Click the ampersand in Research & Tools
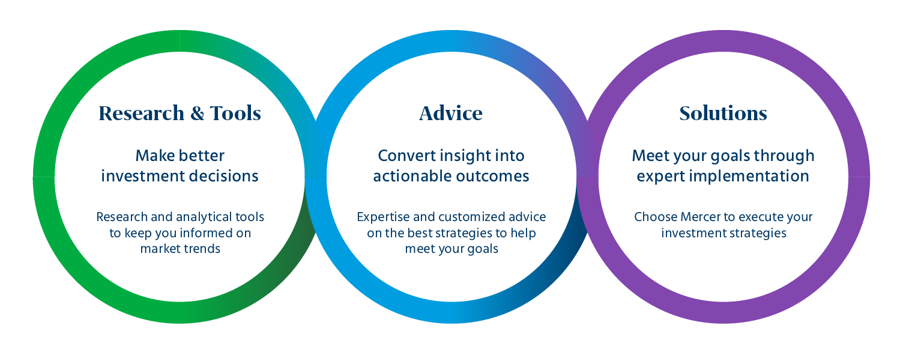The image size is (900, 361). pyautogui.click(x=198, y=114)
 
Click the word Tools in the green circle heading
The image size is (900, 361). pyautogui.click(x=235, y=114)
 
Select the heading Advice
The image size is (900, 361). pyautogui.click(x=451, y=114)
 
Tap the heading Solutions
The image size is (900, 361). pyautogui.click(x=723, y=114)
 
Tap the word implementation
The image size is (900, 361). pyautogui.click(x=749, y=177)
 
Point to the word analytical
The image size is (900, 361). pyautogui.click(x=204, y=217)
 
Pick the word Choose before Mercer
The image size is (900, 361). pyautogui.click(x=655, y=217)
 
